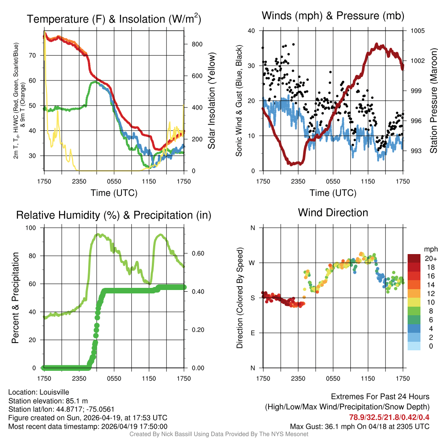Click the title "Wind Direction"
pos(333,213)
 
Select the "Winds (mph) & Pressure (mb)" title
pos(333,16)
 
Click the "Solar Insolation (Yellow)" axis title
pos(211,101)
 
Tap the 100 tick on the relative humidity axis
pos(36,228)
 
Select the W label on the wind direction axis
pos(252,263)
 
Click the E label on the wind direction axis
pos(253,333)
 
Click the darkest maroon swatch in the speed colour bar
pos(414,258)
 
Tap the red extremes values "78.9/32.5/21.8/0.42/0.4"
pos(389,417)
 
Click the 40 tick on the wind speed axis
pos(252,31)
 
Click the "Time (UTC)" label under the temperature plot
pos(114,193)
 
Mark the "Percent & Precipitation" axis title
pos(15,298)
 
